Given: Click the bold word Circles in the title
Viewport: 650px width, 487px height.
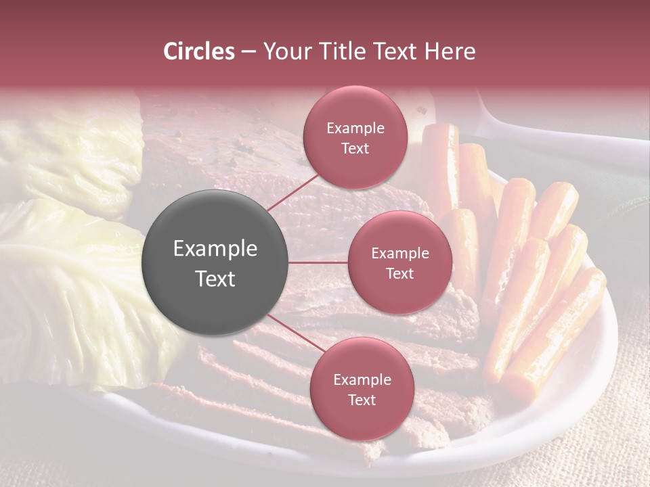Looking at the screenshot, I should pos(198,51).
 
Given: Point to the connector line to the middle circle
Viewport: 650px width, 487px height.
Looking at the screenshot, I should pos(318,262).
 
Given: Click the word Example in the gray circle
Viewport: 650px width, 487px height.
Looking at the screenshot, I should pos(215,249).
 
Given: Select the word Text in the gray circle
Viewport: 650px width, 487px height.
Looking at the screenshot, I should pos(215,279).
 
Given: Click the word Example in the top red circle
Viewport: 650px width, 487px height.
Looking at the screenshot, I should pos(355,128).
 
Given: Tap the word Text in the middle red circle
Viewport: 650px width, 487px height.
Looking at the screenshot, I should pos(399,273).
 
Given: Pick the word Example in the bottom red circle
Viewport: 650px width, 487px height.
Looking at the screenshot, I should pos(362,379).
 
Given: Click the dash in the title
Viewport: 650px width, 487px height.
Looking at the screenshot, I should pos(248,52).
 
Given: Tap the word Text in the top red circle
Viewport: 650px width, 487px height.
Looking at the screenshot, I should pos(355,148).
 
